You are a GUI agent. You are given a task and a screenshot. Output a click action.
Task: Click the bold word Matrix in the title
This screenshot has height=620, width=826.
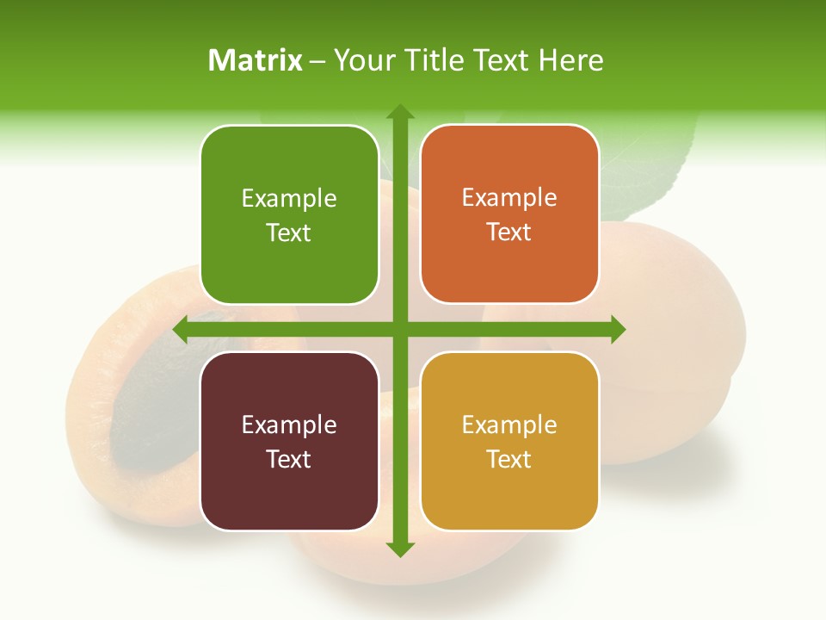256,60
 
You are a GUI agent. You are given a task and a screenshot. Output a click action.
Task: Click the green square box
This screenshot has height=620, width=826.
289,214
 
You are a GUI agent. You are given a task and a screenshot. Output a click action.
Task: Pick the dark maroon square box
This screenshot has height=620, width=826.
289,441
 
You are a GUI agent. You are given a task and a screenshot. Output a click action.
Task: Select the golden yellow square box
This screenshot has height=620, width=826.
509,441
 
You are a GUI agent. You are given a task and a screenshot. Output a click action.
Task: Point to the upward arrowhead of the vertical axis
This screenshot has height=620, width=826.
400,112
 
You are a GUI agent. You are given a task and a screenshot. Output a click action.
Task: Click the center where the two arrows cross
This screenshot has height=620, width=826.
400,329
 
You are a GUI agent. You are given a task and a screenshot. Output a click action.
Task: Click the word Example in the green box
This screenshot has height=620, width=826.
289,199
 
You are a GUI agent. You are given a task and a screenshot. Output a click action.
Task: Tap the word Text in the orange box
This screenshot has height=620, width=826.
509,232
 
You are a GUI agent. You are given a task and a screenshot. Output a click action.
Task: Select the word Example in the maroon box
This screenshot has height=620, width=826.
289,425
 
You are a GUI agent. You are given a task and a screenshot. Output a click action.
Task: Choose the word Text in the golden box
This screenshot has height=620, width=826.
509,459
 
